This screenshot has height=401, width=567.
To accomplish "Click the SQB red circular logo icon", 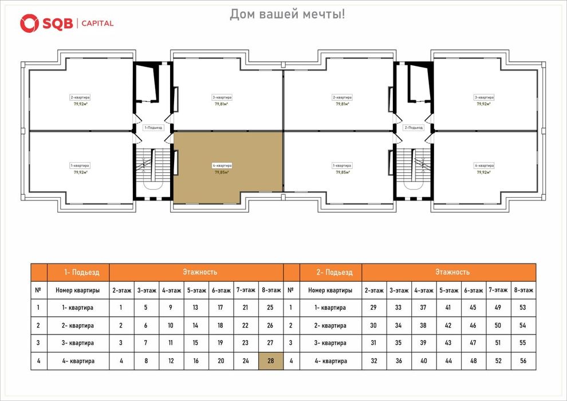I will click(x=29, y=23).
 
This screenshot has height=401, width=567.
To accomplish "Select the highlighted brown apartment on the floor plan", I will click(x=228, y=167).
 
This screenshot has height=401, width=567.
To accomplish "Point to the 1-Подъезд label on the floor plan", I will click(x=153, y=128).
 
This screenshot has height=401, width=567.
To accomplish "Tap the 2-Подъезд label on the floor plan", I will click(x=414, y=128).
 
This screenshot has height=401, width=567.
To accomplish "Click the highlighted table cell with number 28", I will click(x=270, y=361).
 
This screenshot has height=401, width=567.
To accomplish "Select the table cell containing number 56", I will click(x=522, y=361).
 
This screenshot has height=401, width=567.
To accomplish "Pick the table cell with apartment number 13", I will click(x=196, y=308).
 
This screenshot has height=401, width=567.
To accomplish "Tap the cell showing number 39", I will click(x=423, y=343).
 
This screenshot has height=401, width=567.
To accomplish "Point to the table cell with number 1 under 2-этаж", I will click(x=121, y=308).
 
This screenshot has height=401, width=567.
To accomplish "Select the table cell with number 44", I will click(x=448, y=361).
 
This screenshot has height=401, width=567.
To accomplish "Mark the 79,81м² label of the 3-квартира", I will click(x=222, y=104).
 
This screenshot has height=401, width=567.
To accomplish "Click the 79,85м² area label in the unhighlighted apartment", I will click(x=342, y=172).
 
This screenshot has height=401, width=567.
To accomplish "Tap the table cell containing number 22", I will click(x=245, y=325).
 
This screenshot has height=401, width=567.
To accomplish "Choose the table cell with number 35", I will click(x=399, y=343).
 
